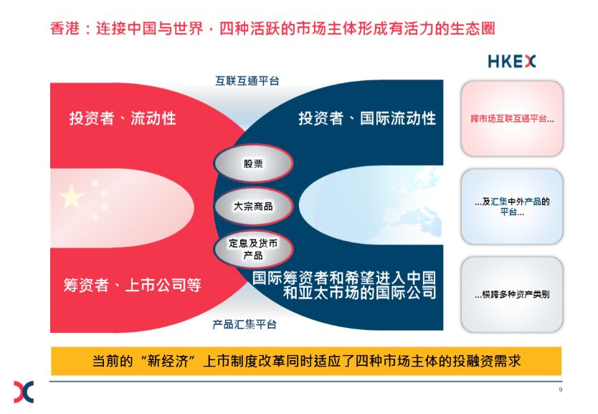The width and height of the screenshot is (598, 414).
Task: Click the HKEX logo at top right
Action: click(x=511, y=62)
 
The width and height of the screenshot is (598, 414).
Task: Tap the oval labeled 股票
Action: click(x=253, y=164)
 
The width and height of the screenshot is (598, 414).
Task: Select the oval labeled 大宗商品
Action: click(x=253, y=207)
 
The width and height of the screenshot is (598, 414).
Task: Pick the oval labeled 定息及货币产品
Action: click(x=253, y=249)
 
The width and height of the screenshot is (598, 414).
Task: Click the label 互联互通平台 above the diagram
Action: click(x=247, y=81)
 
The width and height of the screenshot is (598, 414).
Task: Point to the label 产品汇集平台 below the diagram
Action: click(x=245, y=324)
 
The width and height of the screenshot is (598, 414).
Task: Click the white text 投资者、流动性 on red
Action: click(x=123, y=118)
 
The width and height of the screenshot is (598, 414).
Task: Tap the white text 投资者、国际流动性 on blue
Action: click(x=367, y=118)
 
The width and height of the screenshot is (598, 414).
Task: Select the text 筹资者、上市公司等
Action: click(x=133, y=285)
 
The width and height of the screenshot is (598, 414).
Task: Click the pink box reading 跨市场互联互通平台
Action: click(x=512, y=118)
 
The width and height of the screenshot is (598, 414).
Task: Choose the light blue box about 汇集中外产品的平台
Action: click(x=512, y=207)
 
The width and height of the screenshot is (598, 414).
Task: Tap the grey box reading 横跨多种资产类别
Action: click(x=512, y=294)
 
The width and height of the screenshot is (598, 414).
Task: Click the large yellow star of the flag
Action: click(x=71, y=197)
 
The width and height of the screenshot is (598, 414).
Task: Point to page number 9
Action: click(x=560, y=390)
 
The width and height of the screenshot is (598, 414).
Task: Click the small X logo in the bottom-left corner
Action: click(x=24, y=392)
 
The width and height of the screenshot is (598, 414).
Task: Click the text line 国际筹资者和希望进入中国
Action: click(x=344, y=278)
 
